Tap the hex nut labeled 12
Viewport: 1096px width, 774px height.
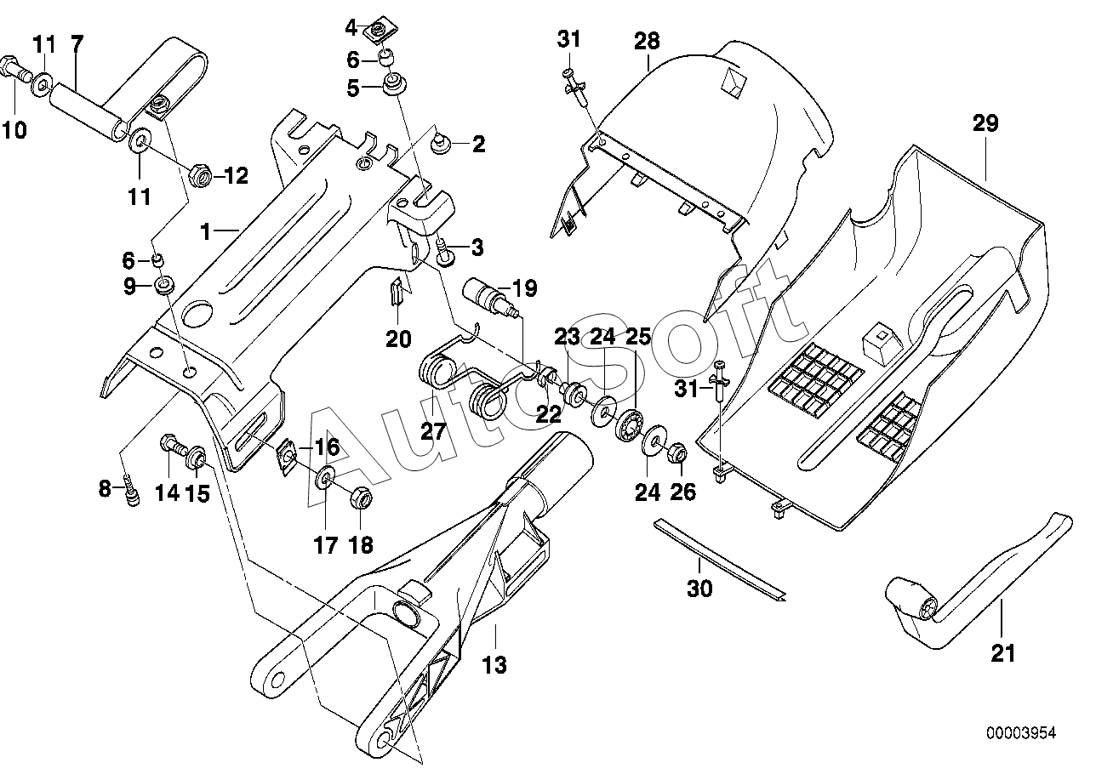[200, 175]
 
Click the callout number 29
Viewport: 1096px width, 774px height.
[985, 123]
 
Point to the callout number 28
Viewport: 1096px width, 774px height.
[647, 41]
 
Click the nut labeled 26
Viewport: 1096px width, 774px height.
[677, 452]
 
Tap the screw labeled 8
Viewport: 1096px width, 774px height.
[132, 492]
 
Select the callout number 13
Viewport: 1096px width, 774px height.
[494, 665]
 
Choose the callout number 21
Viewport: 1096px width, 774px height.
[1002, 653]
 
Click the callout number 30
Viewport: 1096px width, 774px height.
[699, 589]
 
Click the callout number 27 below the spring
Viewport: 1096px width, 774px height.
[433, 431]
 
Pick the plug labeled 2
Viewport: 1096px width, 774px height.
[440, 145]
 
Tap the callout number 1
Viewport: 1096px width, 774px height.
[206, 231]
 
